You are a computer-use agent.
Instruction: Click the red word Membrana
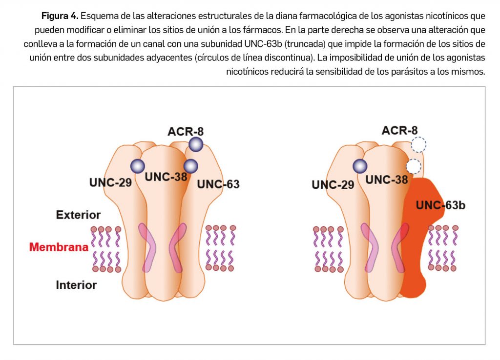pyautogui.click(x=59, y=247)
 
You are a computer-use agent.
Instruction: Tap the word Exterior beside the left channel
pyautogui.click(x=78, y=215)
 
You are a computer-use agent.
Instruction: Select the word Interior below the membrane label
pyautogui.click(x=76, y=284)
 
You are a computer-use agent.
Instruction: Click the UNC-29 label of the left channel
pyautogui.click(x=110, y=182)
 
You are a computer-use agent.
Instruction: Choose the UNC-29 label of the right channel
pyautogui.click(x=333, y=185)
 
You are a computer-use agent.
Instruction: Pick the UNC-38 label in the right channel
pyautogui.click(x=387, y=179)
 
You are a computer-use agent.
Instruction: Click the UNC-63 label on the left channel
pyautogui.click(x=218, y=184)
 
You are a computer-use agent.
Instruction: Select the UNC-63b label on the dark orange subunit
pyautogui.click(x=440, y=205)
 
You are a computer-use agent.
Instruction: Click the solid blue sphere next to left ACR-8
pyautogui.click(x=196, y=144)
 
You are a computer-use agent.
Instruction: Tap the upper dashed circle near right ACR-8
pyautogui.click(x=418, y=144)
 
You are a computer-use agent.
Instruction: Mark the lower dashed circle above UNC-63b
pyautogui.click(x=414, y=166)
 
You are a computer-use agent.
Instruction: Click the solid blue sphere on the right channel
pyautogui.click(x=360, y=166)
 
